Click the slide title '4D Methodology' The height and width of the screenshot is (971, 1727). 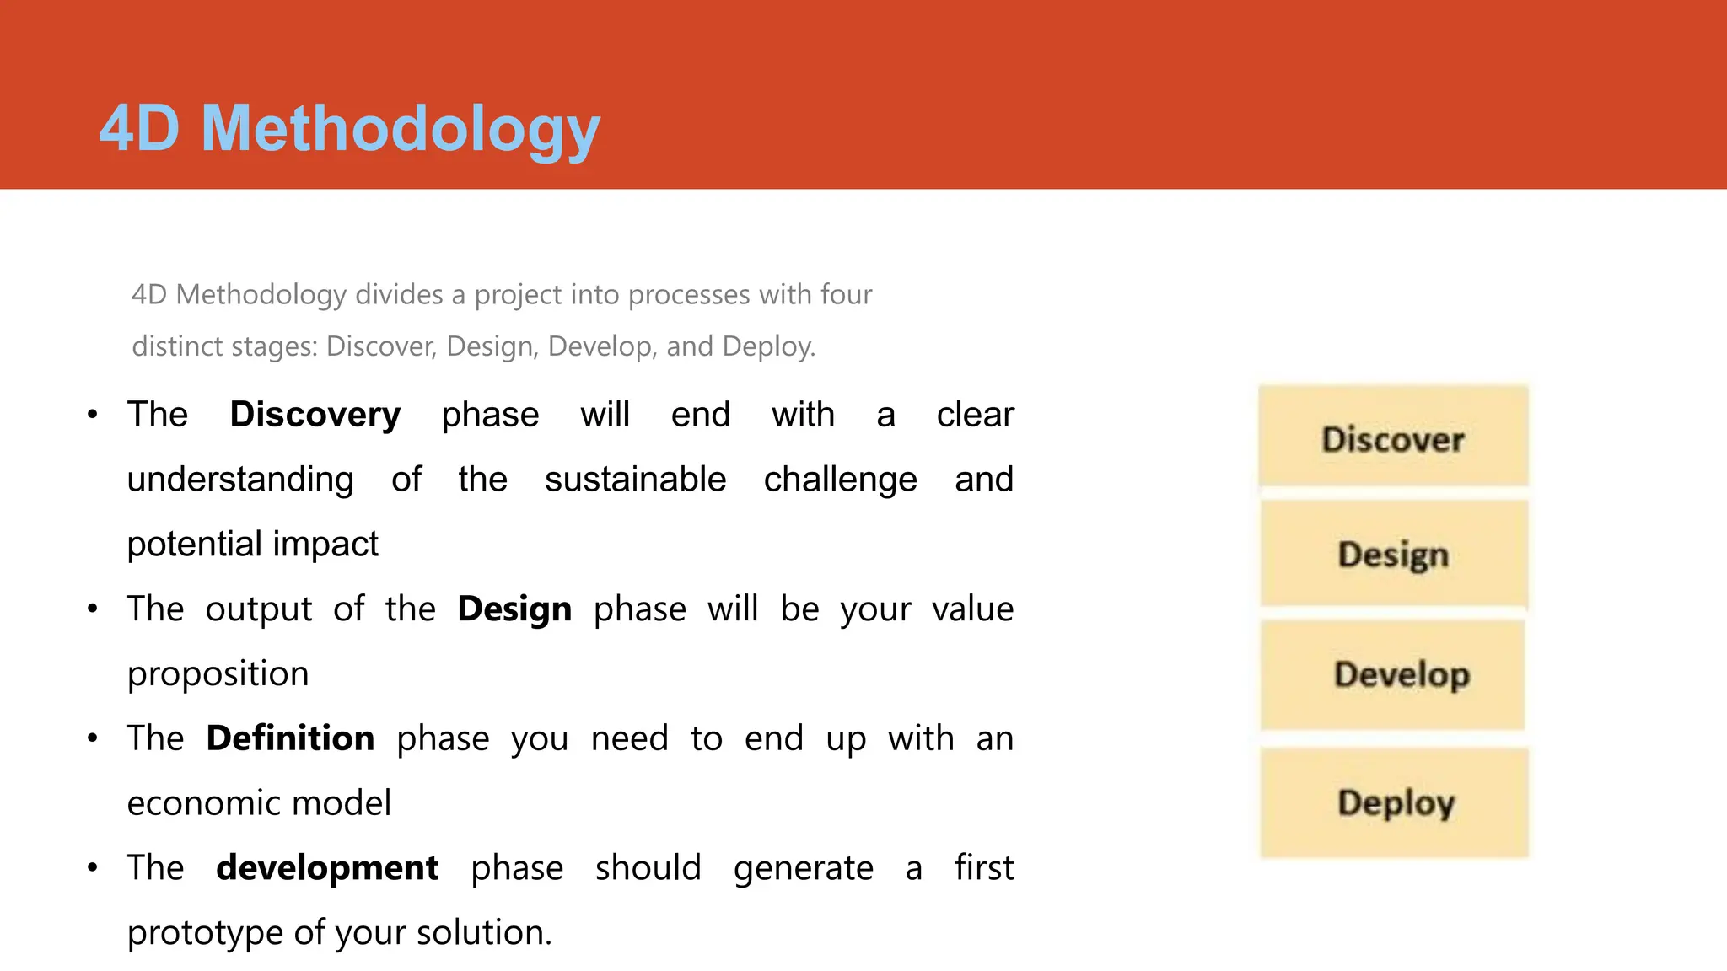[349, 129]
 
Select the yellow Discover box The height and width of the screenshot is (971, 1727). [1393, 437]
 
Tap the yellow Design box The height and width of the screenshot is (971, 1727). [1393, 554]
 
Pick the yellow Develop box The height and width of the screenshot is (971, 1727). [1393, 674]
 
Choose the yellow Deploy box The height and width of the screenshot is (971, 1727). [1395, 802]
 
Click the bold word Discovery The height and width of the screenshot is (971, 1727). [315, 415]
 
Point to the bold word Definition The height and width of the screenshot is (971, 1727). [290, 738]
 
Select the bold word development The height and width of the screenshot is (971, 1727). [327, 868]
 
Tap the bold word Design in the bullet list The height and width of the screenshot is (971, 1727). [514, 609]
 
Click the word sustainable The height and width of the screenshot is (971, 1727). [635, 480]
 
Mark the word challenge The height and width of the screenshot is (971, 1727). [840, 480]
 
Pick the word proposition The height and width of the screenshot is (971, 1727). [218, 674]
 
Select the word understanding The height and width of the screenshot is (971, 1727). [240, 480]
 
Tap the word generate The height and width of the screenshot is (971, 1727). [803, 869]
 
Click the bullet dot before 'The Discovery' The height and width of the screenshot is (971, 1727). [93, 415]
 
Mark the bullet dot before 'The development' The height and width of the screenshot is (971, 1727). [93, 867]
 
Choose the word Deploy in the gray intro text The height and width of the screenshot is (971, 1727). [767, 346]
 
